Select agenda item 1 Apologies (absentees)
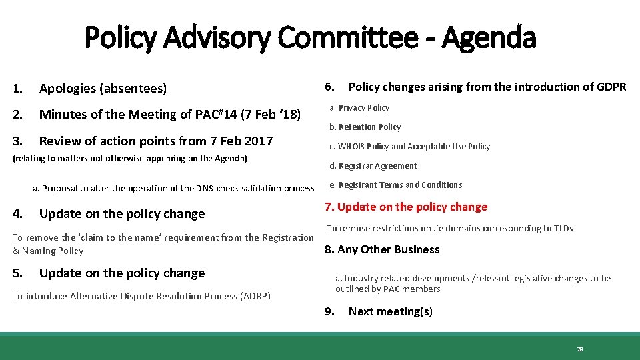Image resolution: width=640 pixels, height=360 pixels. (x=103, y=88)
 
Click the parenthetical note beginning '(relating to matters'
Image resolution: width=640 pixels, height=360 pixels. (x=130, y=158)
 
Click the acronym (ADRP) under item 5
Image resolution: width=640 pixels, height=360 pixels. (x=254, y=296)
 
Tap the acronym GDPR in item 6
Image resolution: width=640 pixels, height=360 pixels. (x=611, y=87)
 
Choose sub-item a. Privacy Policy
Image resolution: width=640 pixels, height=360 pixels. (x=359, y=107)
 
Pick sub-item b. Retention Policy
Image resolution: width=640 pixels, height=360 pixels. (x=365, y=127)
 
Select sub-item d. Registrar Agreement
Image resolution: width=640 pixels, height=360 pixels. (x=373, y=165)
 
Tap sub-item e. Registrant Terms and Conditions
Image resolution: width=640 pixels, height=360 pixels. (x=395, y=185)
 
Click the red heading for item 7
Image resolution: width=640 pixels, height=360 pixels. (x=406, y=207)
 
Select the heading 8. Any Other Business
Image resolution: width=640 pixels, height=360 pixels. (x=382, y=249)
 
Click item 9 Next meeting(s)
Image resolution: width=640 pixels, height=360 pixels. (x=390, y=311)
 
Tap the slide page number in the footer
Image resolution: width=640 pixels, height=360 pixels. (x=579, y=349)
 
